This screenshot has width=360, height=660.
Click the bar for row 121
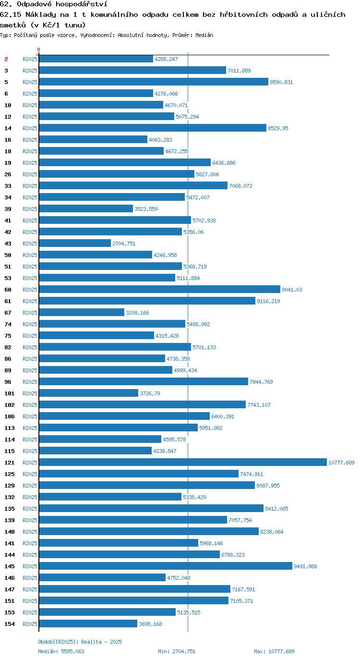click(x=183, y=462)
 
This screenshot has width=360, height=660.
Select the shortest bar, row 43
click(x=75, y=243)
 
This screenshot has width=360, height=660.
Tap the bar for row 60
click(x=159, y=289)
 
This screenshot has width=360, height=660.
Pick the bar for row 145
click(x=166, y=566)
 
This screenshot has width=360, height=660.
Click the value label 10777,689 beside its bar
click(x=341, y=463)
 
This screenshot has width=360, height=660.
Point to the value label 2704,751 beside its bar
click(x=124, y=244)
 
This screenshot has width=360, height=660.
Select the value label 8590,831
click(x=281, y=82)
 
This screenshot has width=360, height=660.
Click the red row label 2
click(x=6, y=59)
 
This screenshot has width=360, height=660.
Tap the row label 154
click(x=10, y=624)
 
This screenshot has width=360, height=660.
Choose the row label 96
click(x=8, y=382)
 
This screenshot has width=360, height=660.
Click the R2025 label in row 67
click(x=30, y=313)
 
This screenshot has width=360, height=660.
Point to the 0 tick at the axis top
click(x=38, y=49)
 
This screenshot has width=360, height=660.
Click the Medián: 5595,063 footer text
click(x=61, y=651)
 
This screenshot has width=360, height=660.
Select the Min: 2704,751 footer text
click(x=177, y=651)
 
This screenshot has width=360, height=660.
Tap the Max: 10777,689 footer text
click(x=274, y=651)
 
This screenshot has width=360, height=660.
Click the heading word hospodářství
click(x=82, y=4)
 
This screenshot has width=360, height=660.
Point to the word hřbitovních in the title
click(x=244, y=14)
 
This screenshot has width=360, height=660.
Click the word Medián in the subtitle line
click(x=204, y=35)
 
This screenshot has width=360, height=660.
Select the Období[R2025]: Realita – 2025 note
click(x=80, y=642)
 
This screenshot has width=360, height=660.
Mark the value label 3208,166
click(x=137, y=313)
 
